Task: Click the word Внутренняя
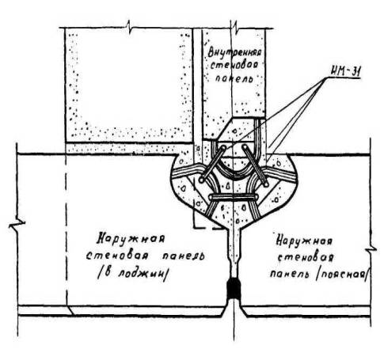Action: point(234,51)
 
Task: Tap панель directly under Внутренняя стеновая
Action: point(234,78)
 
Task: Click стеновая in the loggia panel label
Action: point(117,256)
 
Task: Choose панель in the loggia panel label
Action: point(183,256)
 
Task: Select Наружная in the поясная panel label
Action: point(304,241)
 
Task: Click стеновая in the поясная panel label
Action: point(306,257)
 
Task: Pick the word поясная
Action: point(342,275)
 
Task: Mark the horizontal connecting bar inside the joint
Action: point(234,197)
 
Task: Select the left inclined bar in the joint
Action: point(213,164)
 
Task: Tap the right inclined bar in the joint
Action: point(256,165)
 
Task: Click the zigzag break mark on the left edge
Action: point(17,224)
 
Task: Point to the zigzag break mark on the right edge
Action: point(371,250)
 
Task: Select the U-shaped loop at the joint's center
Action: point(234,172)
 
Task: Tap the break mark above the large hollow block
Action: point(129,27)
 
